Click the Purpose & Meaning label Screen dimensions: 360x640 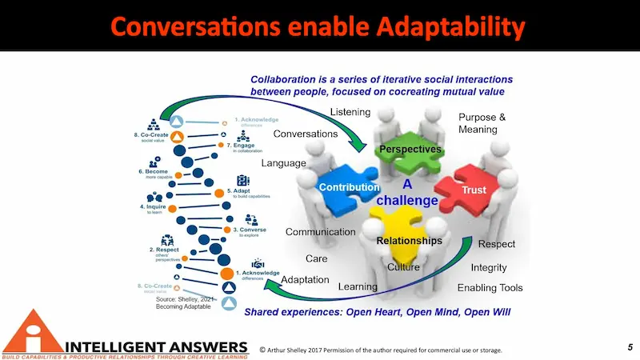[x=482, y=124]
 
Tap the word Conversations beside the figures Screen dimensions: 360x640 [x=306, y=134]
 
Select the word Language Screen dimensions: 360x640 [x=284, y=163]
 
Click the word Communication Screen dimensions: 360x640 [x=320, y=232]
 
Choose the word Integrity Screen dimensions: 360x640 [x=488, y=267]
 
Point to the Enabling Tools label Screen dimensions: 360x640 [x=490, y=287]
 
